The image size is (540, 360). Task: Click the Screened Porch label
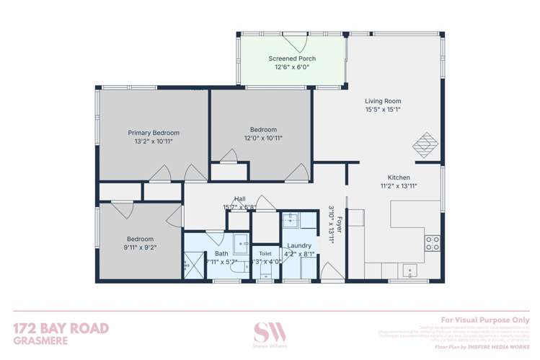tap(292, 58)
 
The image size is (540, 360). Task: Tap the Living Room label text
tap(382, 101)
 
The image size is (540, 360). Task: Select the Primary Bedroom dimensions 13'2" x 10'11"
tap(154, 142)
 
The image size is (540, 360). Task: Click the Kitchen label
tap(399, 177)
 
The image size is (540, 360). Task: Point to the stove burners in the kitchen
tap(433, 243)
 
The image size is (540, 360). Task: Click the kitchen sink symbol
tap(410, 271)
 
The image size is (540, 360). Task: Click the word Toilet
tap(265, 254)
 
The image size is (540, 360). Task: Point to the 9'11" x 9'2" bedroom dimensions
tap(140, 248)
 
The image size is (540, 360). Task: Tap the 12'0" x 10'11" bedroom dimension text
tap(262, 139)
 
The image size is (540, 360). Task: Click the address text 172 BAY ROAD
tap(61, 329)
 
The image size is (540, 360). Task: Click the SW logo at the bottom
tap(270, 333)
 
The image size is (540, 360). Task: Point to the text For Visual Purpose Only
tap(484, 320)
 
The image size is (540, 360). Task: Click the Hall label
tap(240, 198)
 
